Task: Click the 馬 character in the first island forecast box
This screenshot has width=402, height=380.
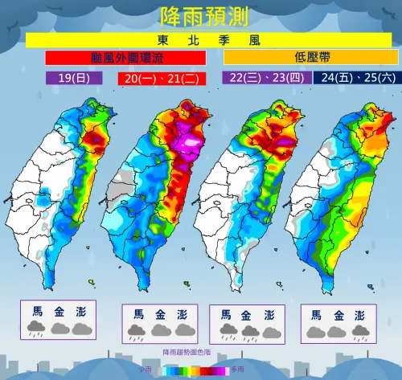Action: pyautogui.click(x=38, y=311)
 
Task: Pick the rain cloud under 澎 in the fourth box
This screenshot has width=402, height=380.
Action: pyautogui.click(x=359, y=330)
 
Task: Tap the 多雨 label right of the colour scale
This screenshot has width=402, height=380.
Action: pyautogui.click(x=238, y=370)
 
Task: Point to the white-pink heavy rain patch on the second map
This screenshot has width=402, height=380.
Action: pyautogui.click(x=191, y=145)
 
